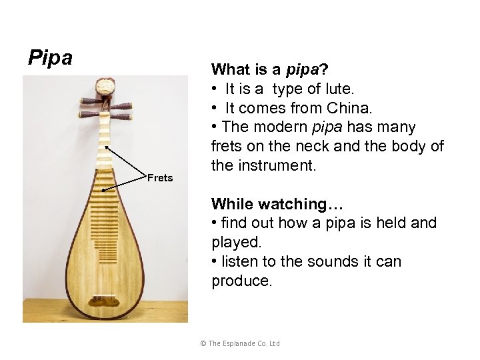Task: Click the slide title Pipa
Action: point(50,58)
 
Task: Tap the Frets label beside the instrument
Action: point(160,177)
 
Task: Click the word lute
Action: point(339,89)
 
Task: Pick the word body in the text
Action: point(411,146)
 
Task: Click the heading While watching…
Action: point(276,204)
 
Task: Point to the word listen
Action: point(242,261)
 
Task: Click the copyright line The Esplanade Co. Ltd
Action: point(240,343)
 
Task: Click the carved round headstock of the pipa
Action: point(105,87)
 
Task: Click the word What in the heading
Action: point(230,69)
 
